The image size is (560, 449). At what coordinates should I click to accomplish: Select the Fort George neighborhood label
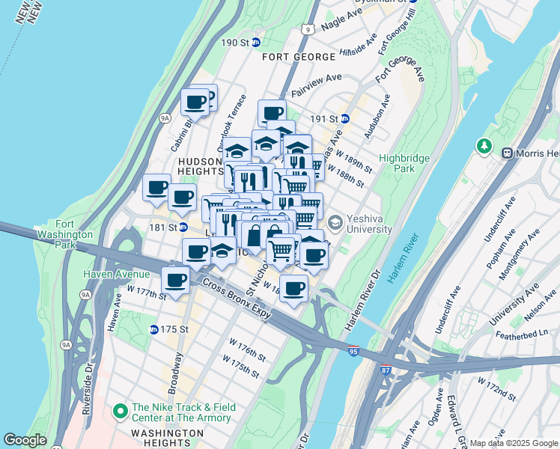click(298, 57)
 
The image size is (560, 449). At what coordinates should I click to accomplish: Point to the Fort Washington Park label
click(74, 234)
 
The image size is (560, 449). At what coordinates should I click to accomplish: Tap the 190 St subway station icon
click(255, 43)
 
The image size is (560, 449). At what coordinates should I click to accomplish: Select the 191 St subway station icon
click(344, 118)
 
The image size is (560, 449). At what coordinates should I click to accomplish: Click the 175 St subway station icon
click(154, 329)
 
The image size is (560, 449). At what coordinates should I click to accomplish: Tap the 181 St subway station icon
click(183, 227)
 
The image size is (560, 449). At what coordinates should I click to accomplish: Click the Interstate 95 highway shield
click(353, 350)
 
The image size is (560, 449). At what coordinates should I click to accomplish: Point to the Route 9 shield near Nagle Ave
click(307, 29)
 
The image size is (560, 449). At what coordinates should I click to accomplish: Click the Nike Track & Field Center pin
click(119, 412)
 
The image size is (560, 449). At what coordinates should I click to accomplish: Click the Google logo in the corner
click(25, 440)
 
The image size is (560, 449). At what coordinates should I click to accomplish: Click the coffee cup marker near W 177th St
click(177, 281)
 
